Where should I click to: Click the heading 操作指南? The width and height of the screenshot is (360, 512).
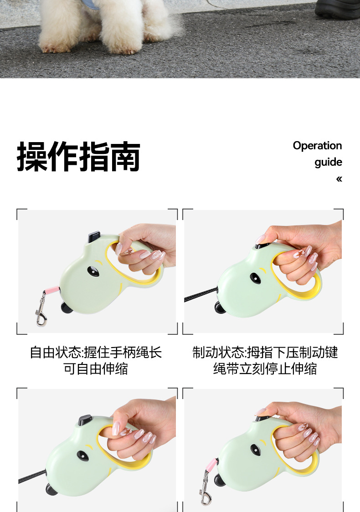(78, 156)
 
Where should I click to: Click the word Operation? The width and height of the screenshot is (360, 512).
(317, 146)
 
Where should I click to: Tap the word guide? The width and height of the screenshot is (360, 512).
(328, 162)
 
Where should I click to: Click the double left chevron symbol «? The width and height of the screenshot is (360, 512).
(339, 179)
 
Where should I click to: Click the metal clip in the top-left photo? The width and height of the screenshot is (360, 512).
(41, 310)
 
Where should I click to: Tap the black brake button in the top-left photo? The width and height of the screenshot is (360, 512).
(94, 236)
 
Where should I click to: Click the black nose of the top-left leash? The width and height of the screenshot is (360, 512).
(67, 307)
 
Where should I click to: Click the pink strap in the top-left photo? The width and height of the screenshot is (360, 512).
(52, 290)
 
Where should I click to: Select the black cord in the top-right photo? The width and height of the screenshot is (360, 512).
(200, 295)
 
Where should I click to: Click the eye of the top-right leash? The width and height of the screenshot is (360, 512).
(256, 278)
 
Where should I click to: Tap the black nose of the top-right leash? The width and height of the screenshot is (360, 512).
(220, 307)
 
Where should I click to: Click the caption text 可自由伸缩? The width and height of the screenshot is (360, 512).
(96, 369)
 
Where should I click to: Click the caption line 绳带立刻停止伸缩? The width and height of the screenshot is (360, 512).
(265, 369)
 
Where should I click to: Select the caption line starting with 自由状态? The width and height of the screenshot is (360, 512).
(96, 353)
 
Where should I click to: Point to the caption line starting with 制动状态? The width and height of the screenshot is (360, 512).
(265, 353)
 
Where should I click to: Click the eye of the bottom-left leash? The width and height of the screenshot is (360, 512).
(82, 456)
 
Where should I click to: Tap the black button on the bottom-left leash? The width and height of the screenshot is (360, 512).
(85, 420)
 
